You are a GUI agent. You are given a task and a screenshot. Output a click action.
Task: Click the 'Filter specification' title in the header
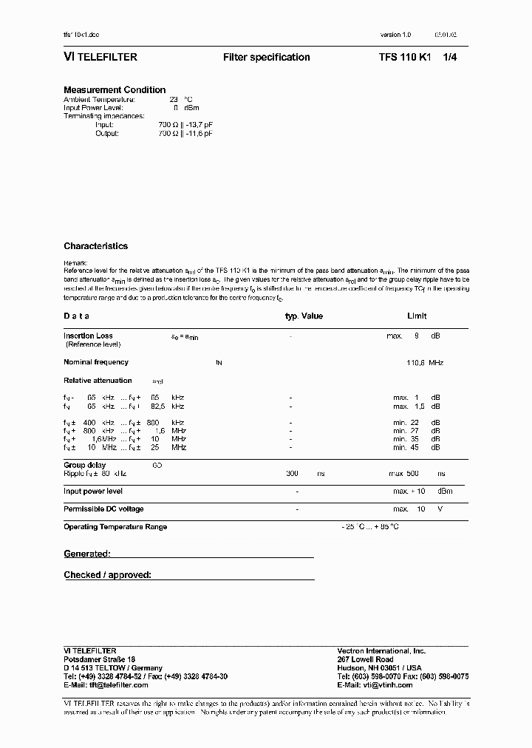pos(266,58)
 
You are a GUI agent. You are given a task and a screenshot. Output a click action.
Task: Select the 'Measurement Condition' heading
pos(115,90)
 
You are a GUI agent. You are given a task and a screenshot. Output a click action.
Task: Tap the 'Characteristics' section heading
pos(95,246)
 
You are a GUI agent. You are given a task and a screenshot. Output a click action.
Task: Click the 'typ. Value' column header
pos(304,316)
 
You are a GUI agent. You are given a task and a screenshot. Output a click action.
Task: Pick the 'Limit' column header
pos(417,316)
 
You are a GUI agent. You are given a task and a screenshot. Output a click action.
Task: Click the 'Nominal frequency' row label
pos(96,362)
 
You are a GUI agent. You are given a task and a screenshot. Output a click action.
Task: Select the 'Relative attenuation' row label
pos(98,381)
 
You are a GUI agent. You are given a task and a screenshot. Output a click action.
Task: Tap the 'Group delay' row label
pos(86,465)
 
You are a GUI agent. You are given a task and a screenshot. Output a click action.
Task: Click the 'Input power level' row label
pos(93,491)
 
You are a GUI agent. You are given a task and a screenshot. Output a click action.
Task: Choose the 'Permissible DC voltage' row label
pos(103,509)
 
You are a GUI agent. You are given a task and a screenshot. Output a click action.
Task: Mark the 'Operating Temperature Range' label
pos(115,527)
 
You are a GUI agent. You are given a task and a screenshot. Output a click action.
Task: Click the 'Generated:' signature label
pos(87,554)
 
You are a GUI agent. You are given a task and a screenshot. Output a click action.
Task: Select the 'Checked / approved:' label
pos(107,575)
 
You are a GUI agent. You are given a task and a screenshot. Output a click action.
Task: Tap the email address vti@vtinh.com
pos(385,684)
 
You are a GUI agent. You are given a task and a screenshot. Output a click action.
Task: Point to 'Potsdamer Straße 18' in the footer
pos(100,659)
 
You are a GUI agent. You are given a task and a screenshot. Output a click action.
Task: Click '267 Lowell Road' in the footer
pos(365,659)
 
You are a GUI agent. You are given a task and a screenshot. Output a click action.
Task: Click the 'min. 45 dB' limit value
pos(416,447)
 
